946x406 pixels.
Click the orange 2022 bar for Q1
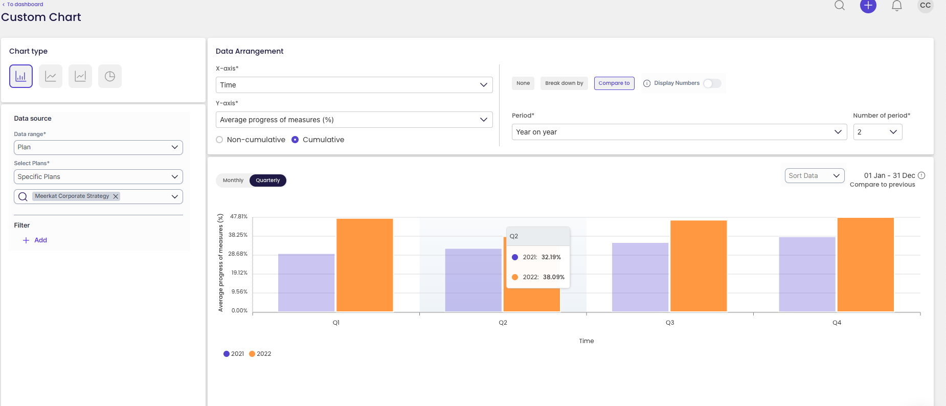[365, 265]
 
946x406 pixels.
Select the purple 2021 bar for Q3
[640, 277]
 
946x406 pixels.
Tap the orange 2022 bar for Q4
[865, 265]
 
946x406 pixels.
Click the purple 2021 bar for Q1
[306, 282]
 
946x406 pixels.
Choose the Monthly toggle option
[233, 181]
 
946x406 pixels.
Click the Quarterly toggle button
[268, 181]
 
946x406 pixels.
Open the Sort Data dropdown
[814, 175]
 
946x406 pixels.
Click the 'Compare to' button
[614, 83]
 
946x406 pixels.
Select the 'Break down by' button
[564, 83]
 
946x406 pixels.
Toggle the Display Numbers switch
[712, 83]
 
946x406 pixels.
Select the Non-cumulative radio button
[220, 140]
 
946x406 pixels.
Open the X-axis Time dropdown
[354, 85]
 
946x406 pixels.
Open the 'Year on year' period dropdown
[679, 132]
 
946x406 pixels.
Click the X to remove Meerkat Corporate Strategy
[116, 196]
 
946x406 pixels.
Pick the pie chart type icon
[110, 76]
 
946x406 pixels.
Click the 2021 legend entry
[234, 354]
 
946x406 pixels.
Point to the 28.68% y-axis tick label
[238, 254]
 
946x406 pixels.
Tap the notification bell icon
[896, 6]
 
